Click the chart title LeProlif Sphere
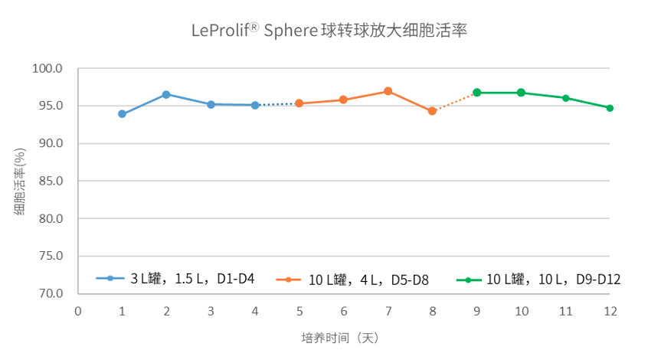[329, 31]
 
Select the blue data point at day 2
[166, 94]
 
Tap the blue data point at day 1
[122, 114]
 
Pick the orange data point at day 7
[388, 91]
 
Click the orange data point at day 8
[432, 111]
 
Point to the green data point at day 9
[476, 92]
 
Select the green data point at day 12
[610, 108]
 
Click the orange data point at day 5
[299, 103]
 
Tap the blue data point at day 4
[255, 105]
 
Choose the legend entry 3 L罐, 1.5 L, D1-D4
[175, 279]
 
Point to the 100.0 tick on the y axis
[47, 68]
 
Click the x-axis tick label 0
[77, 311]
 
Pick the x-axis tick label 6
[344, 311]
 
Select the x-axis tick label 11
[565, 311]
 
